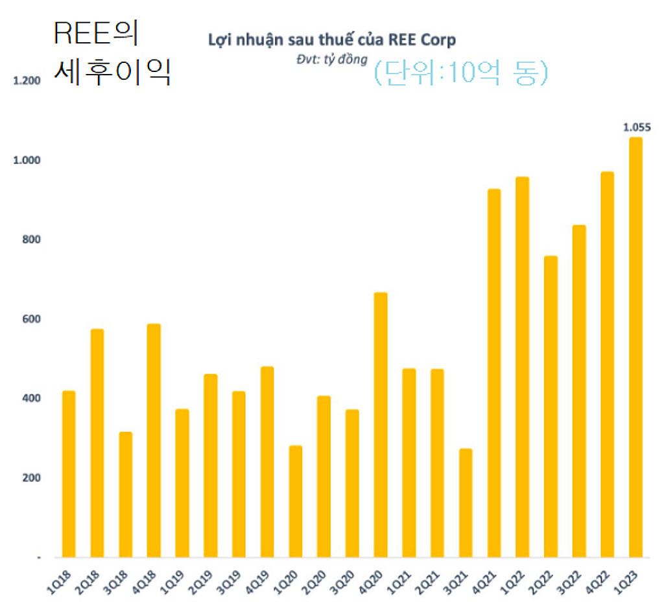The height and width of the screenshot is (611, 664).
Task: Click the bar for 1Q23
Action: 635,347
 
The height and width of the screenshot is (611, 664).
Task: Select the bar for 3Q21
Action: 466,503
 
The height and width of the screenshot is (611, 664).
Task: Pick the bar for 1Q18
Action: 69,473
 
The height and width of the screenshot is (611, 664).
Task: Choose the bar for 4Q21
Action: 494,373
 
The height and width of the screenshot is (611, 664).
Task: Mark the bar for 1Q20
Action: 296,501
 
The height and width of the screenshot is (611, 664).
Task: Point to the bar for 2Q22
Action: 551,407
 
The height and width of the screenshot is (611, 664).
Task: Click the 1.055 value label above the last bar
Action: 636,127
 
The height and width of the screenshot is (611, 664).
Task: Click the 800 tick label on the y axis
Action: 31,239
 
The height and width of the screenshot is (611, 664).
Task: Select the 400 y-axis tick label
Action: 31,398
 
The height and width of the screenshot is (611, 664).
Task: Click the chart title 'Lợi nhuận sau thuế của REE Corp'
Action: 331,40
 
